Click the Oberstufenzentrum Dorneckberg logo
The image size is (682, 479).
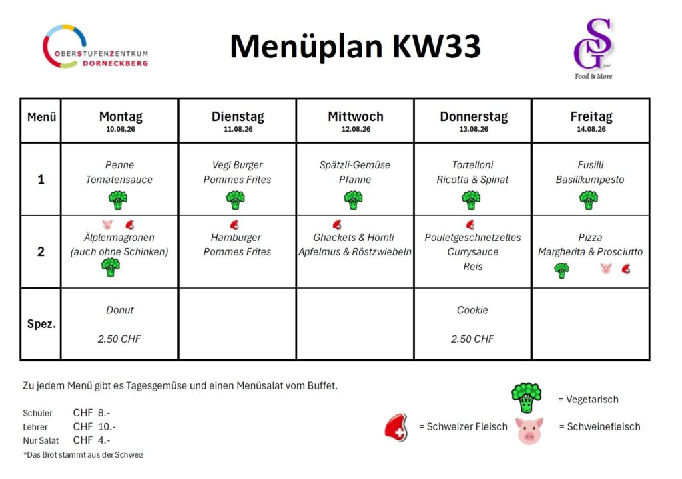tap(95, 47)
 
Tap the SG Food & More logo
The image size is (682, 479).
tap(593, 49)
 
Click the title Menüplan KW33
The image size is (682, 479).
tap(355, 46)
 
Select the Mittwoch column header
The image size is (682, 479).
tap(356, 116)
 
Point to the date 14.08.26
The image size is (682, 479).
tap(591, 129)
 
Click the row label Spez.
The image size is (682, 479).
tap(41, 324)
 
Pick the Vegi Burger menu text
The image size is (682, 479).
tap(237, 165)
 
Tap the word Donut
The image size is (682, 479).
tap(120, 310)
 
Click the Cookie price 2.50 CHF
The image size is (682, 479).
tap(472, 339)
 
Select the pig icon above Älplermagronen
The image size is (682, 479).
tap(107, 224)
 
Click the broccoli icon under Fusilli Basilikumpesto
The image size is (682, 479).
tap(589, 200)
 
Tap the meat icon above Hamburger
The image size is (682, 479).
tap(234, 224)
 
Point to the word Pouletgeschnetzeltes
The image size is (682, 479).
tap(473, 238)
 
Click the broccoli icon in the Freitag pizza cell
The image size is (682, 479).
tap(561, 270)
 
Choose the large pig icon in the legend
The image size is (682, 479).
tap(529, 430)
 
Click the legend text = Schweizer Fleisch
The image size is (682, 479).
tap(463, 427)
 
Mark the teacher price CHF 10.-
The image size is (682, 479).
tap(94, 427)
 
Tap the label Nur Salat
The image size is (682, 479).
tap(41, 440)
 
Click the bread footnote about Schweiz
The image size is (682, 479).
tap(83, 454)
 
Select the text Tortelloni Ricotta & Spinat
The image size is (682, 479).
tap(472, 172)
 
